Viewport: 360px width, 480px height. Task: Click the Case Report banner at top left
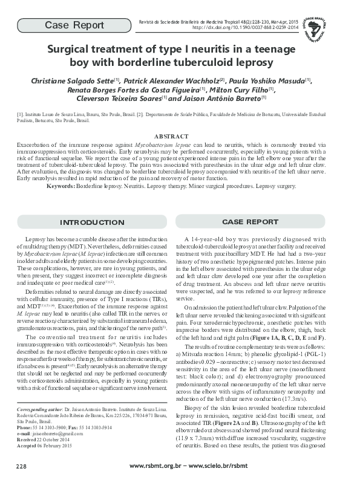(70, 25)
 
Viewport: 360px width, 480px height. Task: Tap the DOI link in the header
(245, 28)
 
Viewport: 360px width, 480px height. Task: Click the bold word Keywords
(60, 187)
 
